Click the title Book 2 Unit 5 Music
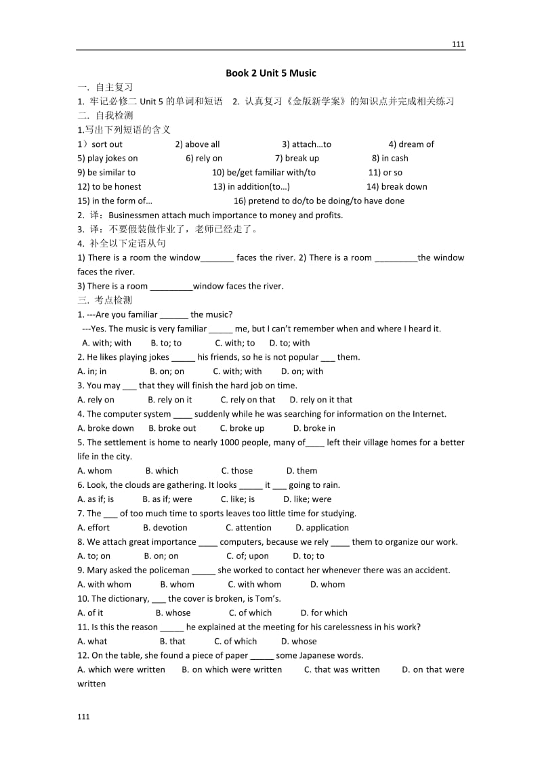(271, 73)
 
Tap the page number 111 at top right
(458, 44)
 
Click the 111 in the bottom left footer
(83, 717)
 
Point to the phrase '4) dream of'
(411, 144)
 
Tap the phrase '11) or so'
(385, 173)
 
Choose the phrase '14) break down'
(397, 187)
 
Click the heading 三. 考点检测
(105, 300)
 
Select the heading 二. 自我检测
(105, 116)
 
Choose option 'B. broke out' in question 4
(172, 428)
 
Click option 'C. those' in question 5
(237, 471)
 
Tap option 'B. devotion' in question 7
(165, 528)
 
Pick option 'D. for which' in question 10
(324, 613)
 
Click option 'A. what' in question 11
(93, 642)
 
